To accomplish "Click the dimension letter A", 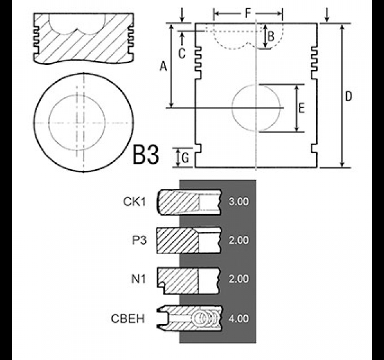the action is coord(163,66).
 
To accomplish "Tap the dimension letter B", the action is coord(271,37).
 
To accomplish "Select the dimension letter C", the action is coord(182,53).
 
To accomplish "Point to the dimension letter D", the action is coord(348,96).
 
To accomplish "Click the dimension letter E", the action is coord(301,108).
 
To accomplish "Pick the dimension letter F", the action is coord(248,13).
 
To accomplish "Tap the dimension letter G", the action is coord(185,158).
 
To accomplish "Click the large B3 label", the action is coord(146,155).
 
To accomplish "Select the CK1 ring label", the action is coord(134,202).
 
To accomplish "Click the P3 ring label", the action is coord(139,240).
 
